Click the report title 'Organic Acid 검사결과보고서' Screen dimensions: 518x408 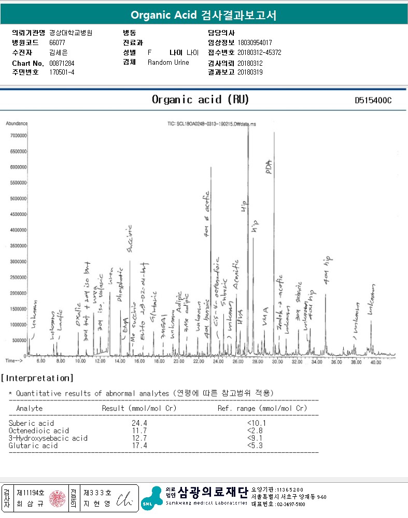coord(203,15)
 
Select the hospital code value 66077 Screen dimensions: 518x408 coord(57,42)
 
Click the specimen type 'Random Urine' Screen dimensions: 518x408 coord(168,63)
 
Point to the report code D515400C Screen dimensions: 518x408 coord(373,100)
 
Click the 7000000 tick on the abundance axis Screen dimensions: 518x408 coord(16,136)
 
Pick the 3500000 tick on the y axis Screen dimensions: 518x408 coord(16,246)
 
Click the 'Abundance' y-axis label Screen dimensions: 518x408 coord(17,124)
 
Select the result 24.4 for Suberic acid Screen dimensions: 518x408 coord(139,423)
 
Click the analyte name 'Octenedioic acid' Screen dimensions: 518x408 coord(39,430)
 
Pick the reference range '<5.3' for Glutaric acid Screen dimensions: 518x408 coord(254,445)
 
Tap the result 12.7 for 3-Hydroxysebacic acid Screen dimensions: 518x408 coord(139,438)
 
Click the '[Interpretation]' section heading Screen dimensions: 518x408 coord(37,379)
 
